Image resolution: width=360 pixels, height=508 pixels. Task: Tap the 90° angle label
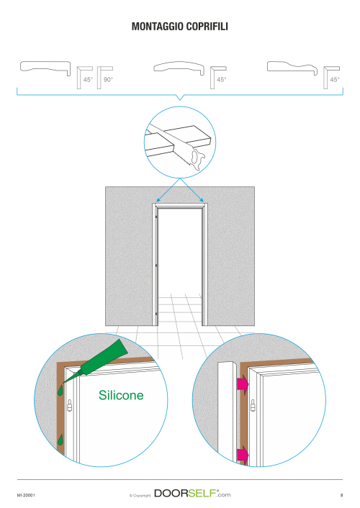[108, 79]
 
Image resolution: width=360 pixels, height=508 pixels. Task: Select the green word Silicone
[121, 395]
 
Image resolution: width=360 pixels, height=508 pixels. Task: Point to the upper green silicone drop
[60, 391]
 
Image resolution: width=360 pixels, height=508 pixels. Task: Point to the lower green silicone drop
[60, 440]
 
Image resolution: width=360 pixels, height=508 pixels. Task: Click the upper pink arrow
[243, 384]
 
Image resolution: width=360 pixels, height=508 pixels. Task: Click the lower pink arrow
[243, 454]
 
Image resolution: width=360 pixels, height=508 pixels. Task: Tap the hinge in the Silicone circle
[69, 405]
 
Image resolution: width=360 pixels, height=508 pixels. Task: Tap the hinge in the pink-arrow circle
[253, 405]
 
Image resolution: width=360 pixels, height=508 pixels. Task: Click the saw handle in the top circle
[197, 160]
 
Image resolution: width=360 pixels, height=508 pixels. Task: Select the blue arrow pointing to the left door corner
[168, 190]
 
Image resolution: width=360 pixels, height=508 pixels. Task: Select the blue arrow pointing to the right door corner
[192, 190]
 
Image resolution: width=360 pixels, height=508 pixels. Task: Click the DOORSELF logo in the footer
[192, 494]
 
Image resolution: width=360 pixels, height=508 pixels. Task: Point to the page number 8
[341, 495]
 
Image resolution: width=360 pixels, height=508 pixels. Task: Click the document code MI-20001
[26, 495]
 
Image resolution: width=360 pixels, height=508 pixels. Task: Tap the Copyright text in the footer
[140, 495]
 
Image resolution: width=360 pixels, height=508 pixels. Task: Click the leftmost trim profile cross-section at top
[45, 68]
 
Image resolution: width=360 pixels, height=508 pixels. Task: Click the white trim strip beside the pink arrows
[226, 412]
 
